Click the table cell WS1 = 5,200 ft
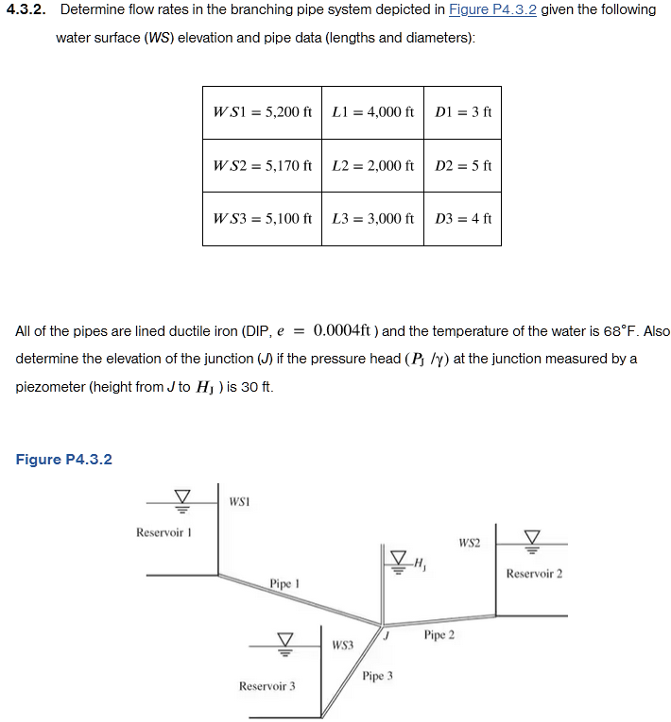click(262, 112)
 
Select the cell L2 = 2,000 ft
click(372, 165)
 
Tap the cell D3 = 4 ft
click(463, 218)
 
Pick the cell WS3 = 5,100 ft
click(262, 218)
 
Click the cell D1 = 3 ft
click(463, 112)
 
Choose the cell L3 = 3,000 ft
click(372, 218)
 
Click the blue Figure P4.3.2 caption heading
click(64, 460)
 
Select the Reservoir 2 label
click(534, 573)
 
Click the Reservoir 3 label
click(267, 685)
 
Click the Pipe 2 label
click(439, 634)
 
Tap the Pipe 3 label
click(377, 676)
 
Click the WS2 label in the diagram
click(469, 543)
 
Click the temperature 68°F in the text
click(621, 331)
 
